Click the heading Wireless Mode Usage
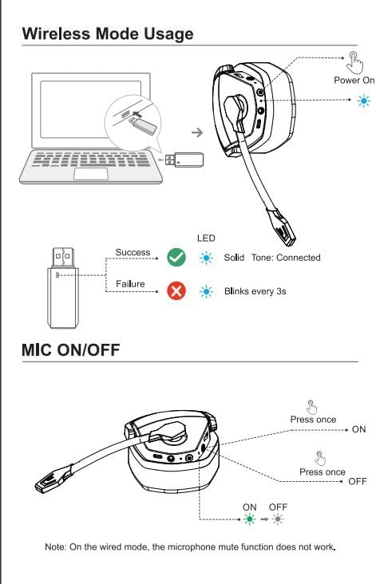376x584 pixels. [x=108, y=34]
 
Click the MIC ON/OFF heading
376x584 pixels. [x=71, y=349]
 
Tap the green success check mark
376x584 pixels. [x=176, y=258]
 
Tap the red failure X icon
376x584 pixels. [x=176, y=291]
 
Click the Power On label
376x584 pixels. [x=354, y=80]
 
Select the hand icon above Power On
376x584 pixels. [x=354, y=62]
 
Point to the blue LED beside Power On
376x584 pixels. [x=364, y=101]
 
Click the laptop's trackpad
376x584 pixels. [x=90, y=174]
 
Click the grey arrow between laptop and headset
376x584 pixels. [x=197, y=132]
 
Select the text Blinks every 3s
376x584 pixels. [x=255, y=291]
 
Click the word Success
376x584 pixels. [x=133, y=252]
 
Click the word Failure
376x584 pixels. [x=130, y=284]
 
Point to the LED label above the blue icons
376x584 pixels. [x=206, y=238]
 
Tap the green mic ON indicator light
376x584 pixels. [x=249, y=519]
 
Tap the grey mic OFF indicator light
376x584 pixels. [x=278, y=519]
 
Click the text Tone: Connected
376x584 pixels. [x=286, y=258]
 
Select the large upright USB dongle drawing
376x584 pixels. [x=63, y=288]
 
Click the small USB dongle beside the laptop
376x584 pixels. [x=184, y=160]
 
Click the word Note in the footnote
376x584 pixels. [x=55, y=547]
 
